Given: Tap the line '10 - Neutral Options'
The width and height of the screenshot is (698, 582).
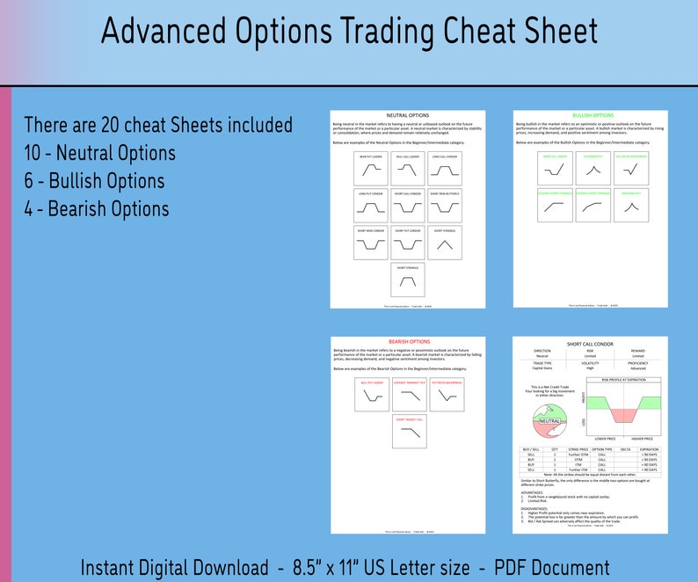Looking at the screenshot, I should pos(99,153).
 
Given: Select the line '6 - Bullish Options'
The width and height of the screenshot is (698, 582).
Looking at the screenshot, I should pos(94,181).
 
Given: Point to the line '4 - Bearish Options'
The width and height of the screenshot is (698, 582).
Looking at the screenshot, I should pos(96,209).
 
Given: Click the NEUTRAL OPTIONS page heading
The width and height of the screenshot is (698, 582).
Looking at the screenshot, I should pos(407,115).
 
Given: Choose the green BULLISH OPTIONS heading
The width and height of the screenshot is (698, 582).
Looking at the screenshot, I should pos(593,115).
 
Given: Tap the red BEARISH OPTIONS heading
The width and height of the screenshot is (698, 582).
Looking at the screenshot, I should pos(409,341).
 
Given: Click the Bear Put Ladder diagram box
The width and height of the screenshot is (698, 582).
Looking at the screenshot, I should pos(370,167).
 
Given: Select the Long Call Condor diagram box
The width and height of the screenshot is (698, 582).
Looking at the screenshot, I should pos(445,167).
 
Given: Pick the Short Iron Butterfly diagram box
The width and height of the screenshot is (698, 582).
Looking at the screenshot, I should pos(445,204).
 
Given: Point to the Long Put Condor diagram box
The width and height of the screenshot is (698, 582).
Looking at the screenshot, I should pos(370,204).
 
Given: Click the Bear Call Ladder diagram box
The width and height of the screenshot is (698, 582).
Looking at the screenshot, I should pos(555,167).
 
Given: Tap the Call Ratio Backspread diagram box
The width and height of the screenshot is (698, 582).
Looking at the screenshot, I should pos(631,167).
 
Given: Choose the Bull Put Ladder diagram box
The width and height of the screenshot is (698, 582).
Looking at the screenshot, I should pos(370,396).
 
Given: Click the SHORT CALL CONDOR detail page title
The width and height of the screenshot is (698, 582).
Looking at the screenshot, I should pos(591,345).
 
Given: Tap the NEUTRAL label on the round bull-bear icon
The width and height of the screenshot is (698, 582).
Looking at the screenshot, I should pos(549,421).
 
